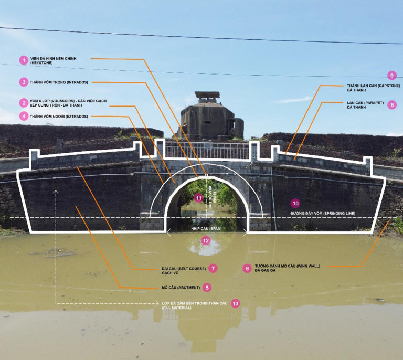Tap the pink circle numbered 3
point(23,82)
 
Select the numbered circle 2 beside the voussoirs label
point(23,103)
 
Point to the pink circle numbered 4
point(23,116)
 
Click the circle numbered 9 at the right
point(390,76)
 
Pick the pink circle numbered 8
point(391,105)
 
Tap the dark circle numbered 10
point(295,203)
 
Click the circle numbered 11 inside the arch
point(198,198)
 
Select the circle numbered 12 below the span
point(206,241)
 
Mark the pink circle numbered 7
point(213,268)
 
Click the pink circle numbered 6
point(247,268)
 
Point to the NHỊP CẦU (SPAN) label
point(206,230)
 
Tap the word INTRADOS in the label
point(77,82)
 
